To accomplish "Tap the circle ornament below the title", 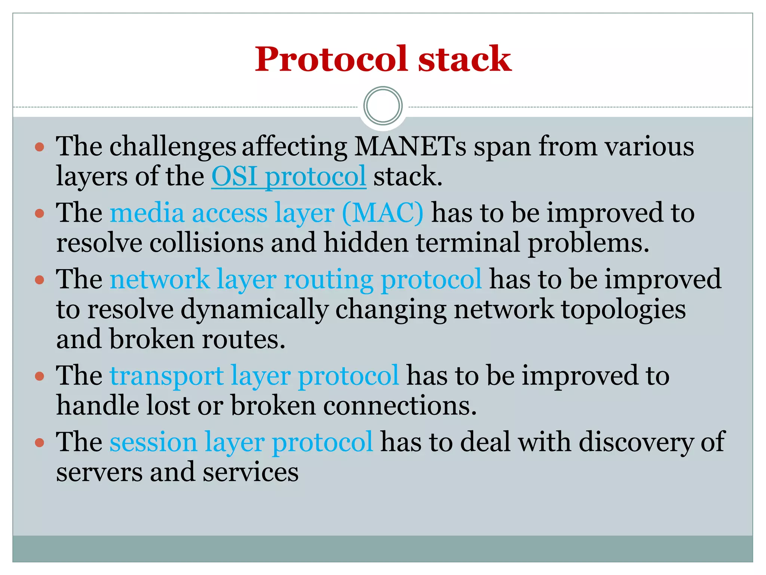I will click(383, 106).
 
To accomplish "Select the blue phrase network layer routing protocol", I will click(295, 280).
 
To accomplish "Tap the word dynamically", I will click(254, 310).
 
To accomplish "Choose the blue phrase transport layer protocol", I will click(254, 376).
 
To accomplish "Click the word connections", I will click(400, 406).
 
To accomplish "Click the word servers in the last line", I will click(99, 472).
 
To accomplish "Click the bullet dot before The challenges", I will click(39, 147).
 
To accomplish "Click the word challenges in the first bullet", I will click(172, 146).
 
